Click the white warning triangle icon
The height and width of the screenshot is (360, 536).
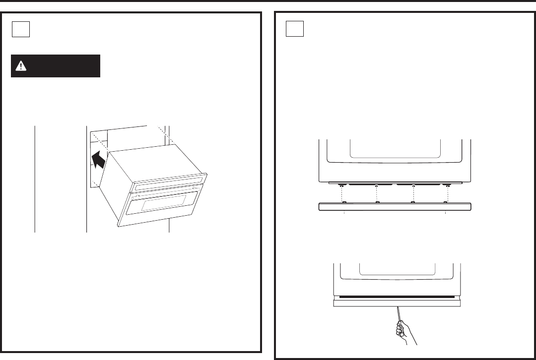click(21, 65)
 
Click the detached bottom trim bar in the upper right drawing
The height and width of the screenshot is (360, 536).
click(395, 207)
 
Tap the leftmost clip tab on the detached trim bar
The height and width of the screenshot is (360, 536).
click(343, 202)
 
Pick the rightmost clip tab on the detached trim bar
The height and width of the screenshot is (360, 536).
click(446, 202)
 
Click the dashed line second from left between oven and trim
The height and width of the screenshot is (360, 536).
click(377, 194)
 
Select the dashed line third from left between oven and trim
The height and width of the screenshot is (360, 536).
click(413, 194)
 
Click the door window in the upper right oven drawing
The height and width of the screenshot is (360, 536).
click(395, 149)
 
